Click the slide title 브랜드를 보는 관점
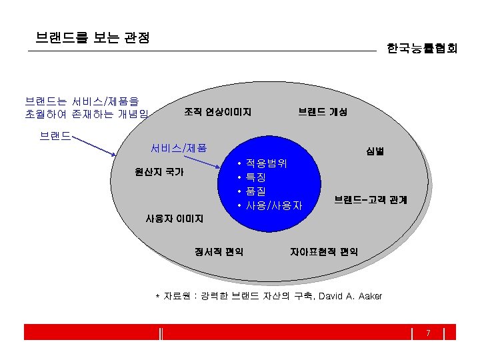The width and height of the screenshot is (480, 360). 93,37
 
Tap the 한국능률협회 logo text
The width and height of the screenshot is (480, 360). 422,48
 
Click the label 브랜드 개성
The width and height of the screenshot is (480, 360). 323,112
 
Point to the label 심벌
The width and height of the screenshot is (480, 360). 374,151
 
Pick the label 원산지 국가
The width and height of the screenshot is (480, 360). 159,171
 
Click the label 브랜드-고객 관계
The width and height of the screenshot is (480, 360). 371,199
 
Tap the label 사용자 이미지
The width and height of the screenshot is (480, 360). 174,217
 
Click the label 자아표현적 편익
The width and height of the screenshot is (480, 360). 323,251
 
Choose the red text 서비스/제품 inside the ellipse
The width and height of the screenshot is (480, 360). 179,147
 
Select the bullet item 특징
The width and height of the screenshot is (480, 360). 256,177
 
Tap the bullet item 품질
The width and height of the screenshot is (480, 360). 256,191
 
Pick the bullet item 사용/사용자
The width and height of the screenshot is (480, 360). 274,205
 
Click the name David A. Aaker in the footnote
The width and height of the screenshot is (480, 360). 351,296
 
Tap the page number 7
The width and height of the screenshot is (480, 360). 428,333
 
